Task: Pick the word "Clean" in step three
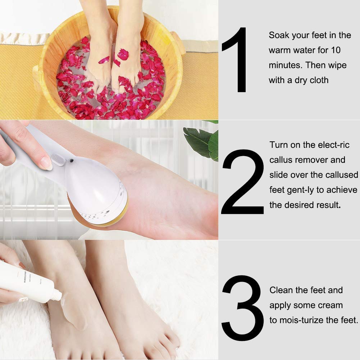click(x=281, y=290)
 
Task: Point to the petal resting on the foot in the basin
click(x=123, y=55)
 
